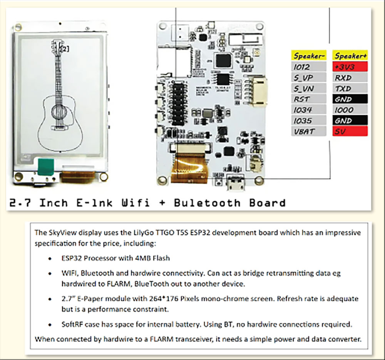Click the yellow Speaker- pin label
pyautogui.click(x=309, y=56)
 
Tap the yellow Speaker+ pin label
pyautogui.click(x=350, y=56)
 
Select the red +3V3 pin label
pyautogui.click(x=350, y=67)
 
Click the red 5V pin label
pyautogui.click(x=350, y=131)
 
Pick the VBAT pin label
pyautogui.click(x=309, y=131)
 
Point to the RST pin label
pyautogui.click(x=309, y=99)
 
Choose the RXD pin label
pyautogui.click(x=350, y=77)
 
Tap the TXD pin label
pyautogui.click(x=350, y=88)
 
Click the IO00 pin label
pyautogui.click(x=350, y=110)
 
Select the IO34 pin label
pyautogui.click(x=309, y=110)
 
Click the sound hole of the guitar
pyautogui.click(x=59, y=112)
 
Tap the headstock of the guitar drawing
pyautogui.click(x=57, y=47)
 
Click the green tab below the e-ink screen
pyautogui.click(x=46, y=167)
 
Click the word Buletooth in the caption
pyautogui.click(x=207, y=203)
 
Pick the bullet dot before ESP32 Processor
pyautogui.click(x=50, y=258)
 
